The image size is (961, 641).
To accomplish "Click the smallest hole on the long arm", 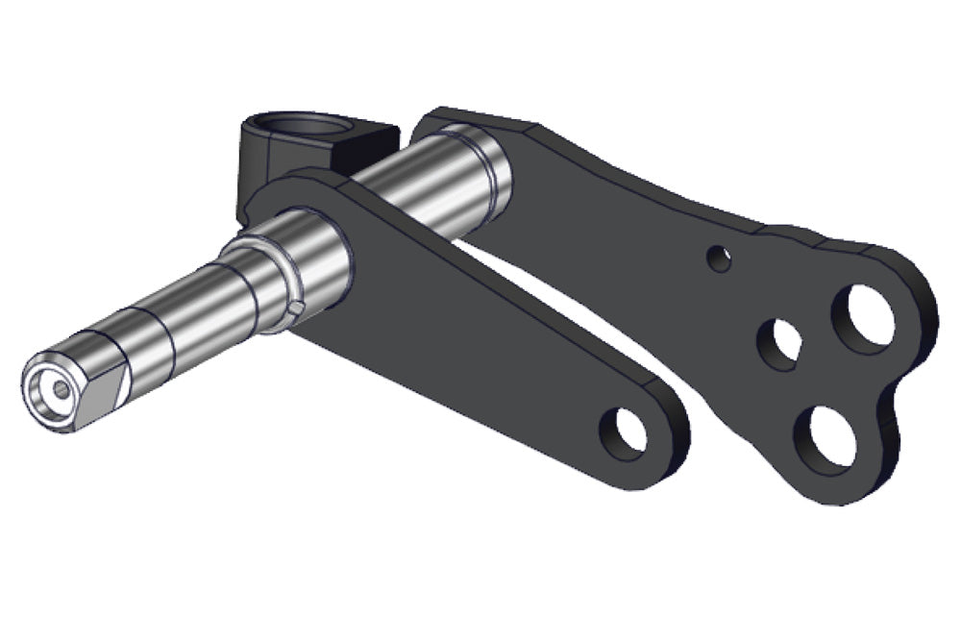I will tap(717, 258).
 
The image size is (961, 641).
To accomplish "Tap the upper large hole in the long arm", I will tap(862, 318).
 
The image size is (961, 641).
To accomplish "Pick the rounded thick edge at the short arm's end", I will tap(673, 452).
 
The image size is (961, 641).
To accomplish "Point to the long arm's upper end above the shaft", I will tap(471, 120).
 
